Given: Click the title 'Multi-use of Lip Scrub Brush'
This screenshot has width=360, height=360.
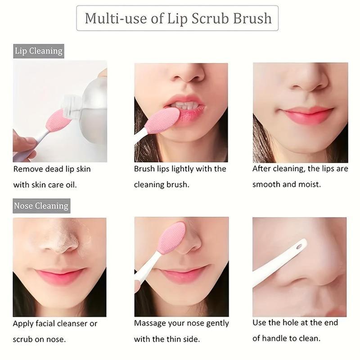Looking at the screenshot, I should click(178, 18).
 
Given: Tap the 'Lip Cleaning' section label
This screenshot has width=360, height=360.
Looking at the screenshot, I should click(38, 51).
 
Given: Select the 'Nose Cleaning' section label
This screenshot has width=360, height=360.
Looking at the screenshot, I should click(41, 206).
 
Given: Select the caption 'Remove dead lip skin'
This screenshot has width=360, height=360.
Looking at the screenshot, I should click(52, 169).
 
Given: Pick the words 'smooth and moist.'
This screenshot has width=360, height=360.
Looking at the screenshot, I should click(286, 184).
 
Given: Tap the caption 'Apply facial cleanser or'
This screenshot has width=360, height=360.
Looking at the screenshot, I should click(55, 324).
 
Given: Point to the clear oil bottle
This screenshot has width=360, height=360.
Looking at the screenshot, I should click(90, 103).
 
